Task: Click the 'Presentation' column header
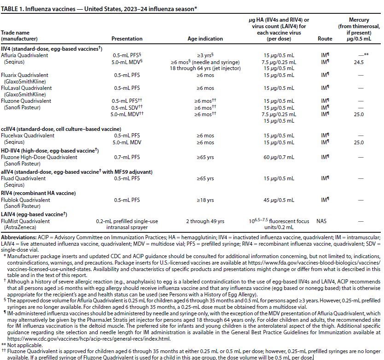(x=127, y=39)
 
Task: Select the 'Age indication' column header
(x=205, y=39)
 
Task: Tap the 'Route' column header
(x=325, y=39)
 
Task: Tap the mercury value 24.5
(x=359, y=61)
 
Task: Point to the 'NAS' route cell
(x=321, y=221)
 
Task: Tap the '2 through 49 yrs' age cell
(x=205, y=221)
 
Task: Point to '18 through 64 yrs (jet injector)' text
(x=205, y=68)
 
